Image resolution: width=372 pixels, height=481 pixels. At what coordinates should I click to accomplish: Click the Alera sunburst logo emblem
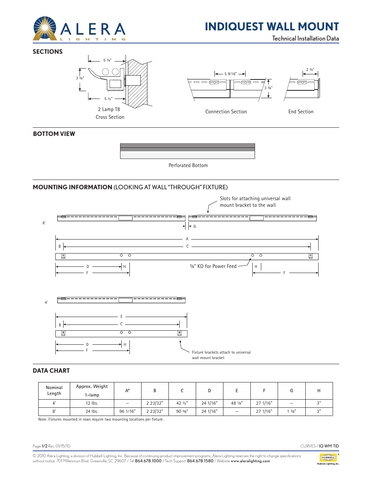pyautogui.click(x=45, y=29)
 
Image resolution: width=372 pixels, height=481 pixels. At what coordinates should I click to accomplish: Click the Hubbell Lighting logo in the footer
pyautogui.click(x=328, y=459)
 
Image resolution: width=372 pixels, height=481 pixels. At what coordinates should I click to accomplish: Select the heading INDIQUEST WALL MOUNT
pyautogui.click(x=272, y=26)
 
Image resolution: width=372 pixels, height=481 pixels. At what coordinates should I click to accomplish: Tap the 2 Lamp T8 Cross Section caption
pyautogui.click(x=110, y=113)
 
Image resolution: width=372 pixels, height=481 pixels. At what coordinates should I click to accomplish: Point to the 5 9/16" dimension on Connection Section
pyautogui.click(x=230, y=74)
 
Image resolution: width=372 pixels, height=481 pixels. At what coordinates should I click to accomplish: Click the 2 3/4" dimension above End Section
pyautogui.click(x=310, y=70)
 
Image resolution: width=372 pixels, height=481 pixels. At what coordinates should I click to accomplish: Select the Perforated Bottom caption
pyautogui.click(x=188, y=166)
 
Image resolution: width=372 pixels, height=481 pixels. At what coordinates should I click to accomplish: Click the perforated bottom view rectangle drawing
pyautogui.click(x=187, y=151)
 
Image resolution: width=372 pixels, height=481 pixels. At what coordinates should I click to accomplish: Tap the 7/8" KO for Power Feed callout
pyautogui.click(x=213, y=266)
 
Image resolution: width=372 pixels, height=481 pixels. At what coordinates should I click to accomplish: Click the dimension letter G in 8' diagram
pyautogui.click(x=195, y=226)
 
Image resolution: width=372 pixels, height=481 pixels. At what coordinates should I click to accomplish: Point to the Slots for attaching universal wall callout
pyautogui.click(x=255, y=202)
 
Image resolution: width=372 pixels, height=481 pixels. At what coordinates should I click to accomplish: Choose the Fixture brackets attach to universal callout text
pyautogui.click(x=221, y=355)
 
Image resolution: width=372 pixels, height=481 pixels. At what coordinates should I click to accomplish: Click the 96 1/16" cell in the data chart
pyautogui.click(x=127, y=411)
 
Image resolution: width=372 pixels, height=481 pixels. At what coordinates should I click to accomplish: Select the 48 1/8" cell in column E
pyautogui.click(x=236, y=403)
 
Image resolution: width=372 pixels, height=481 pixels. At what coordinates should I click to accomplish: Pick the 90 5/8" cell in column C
pyautogui.click(x=182, y=411)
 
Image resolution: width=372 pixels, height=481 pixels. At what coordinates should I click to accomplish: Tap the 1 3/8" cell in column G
pyautogui.click(x=291, y=411)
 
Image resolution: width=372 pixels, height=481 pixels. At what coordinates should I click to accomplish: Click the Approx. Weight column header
pyautogui.click(x=92, y=391)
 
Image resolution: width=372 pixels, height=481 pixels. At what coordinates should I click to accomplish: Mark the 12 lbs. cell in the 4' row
pyautogui.click(x=92, y=403)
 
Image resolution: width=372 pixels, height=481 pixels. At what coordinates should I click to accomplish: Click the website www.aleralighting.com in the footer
pyautogui.click(x=250, y=461)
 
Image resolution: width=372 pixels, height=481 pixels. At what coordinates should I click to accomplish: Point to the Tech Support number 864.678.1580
pyautogui.click(x=200, y=461)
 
